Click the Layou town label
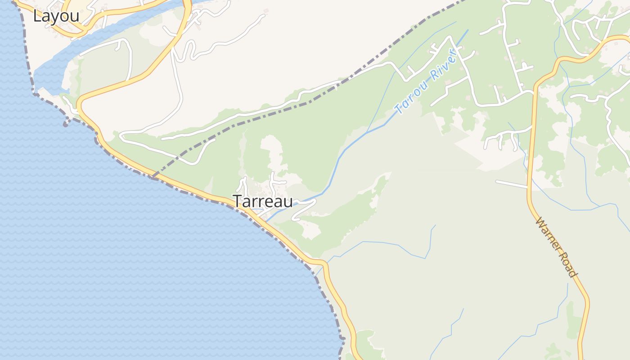[x=56, y=16]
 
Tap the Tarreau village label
[x=262, y=201]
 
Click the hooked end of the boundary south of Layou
[x=66, y=124]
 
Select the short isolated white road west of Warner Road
[x=511, y=184]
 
